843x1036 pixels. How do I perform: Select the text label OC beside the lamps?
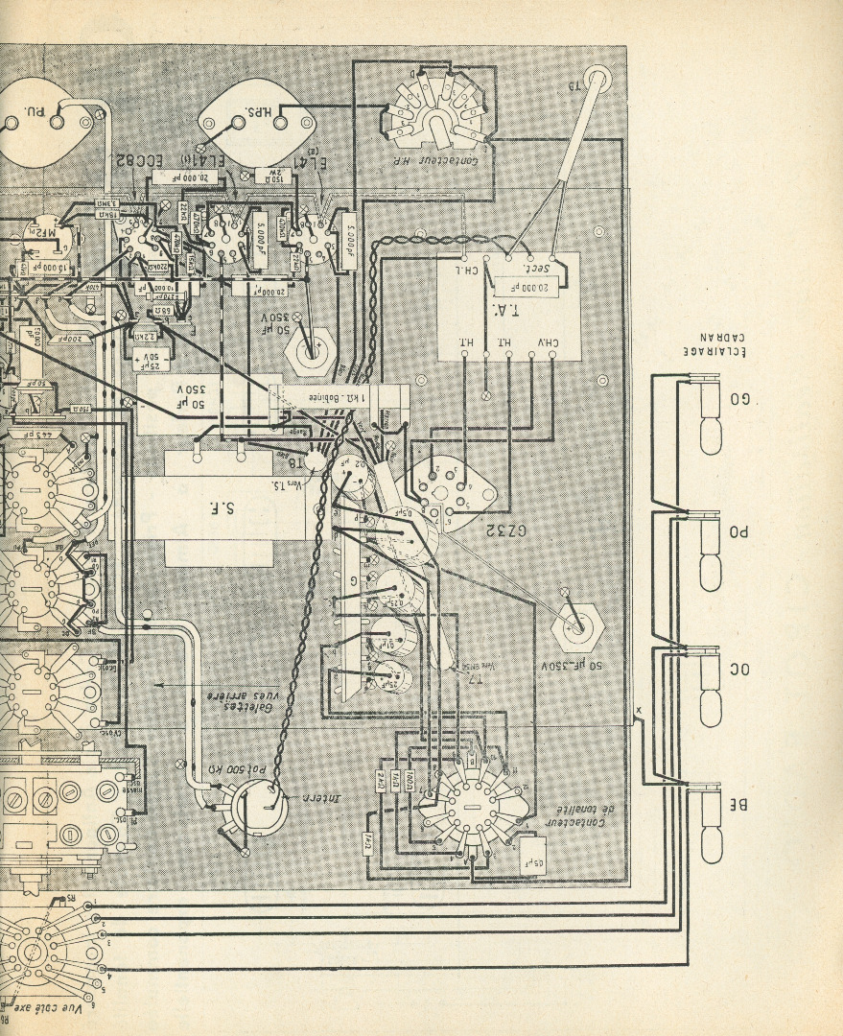pos(739,669)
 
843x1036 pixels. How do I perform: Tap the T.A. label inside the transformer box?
pos(507,308)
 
